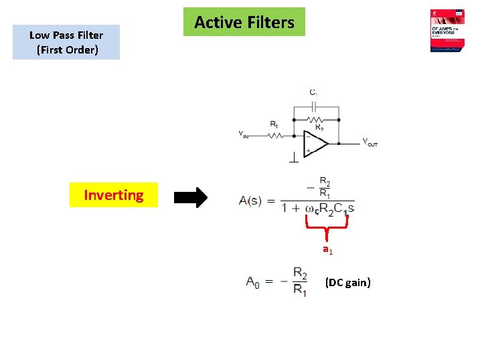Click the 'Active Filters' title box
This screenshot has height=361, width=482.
(x=244, y=22)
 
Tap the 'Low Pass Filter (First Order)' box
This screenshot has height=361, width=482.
(x=66, y=42)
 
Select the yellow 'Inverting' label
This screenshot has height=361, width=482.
(x=113, y=195)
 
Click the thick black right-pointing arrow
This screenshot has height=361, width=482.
(x=191, y=198)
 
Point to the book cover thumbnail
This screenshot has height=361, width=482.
(x=448, y=31)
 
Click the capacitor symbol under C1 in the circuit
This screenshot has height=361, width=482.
(x=315, y=106)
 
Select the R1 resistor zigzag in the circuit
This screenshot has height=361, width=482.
(x=275, y=135)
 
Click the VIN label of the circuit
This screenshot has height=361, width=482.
(x=244, y=134)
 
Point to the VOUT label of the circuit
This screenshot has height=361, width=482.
(x=370, y=142)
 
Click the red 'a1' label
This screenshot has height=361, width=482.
(x=327, y=250)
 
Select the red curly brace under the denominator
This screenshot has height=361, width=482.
(x=327, y=231)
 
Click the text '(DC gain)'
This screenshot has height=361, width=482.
(x=347, y=282)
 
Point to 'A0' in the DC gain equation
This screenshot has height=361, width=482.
(x=253, y=282)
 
